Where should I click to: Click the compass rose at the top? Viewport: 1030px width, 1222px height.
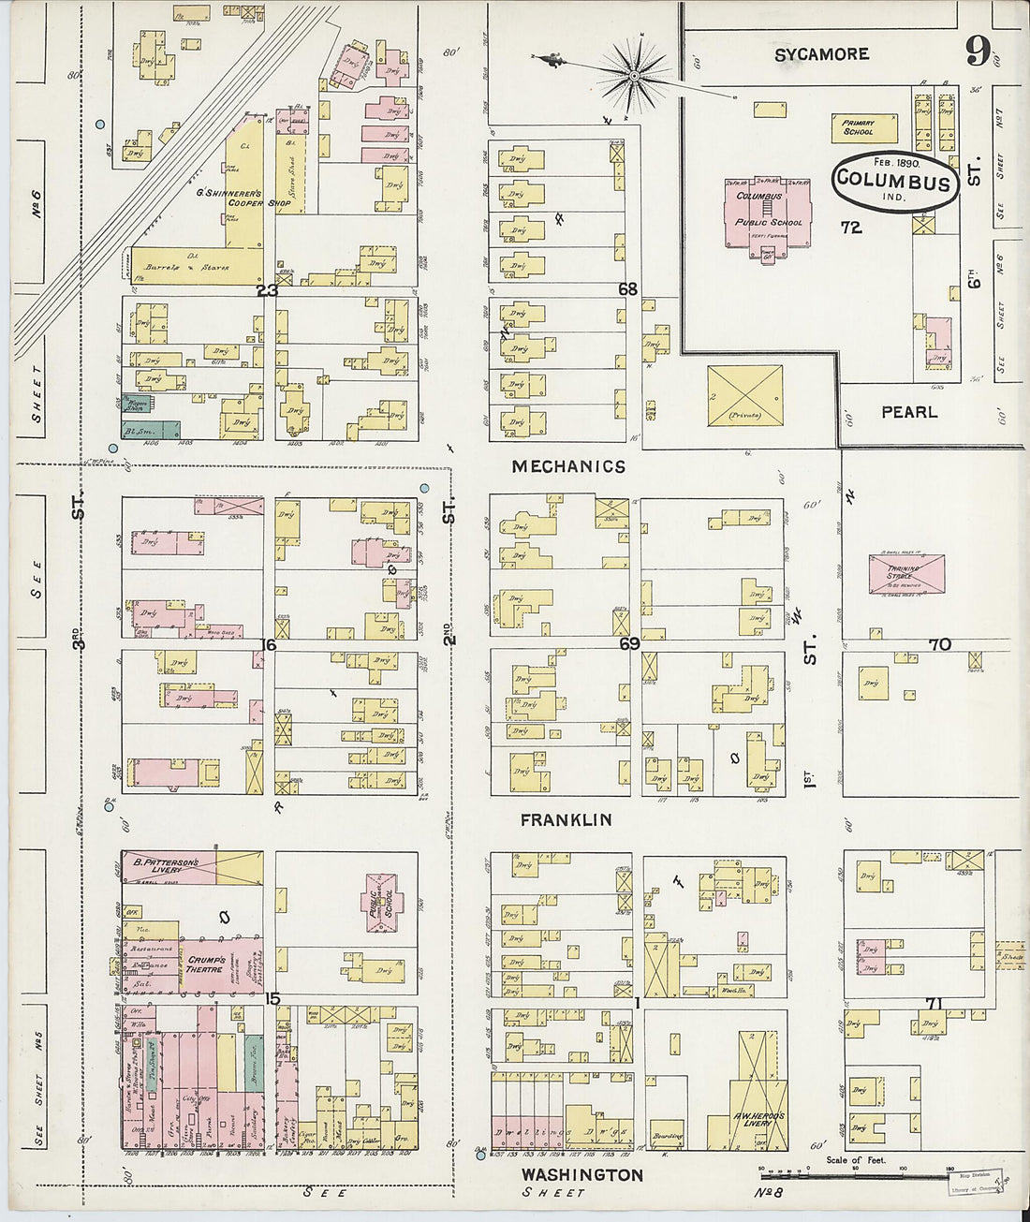coord(634,73)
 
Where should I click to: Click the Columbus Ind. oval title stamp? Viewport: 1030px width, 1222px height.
coord(893,181)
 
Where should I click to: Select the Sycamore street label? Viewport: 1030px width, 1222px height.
coord(821,55)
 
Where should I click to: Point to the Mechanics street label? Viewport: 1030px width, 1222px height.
coord(568,466)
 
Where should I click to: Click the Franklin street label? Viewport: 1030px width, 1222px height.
coord(566,820)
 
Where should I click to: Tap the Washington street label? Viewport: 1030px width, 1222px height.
coord(581,1174)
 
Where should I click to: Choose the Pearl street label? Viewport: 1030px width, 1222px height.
coord(908,412)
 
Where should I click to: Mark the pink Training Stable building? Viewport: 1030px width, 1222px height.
coord(905,573)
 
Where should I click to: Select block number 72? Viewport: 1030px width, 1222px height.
coord(850,228)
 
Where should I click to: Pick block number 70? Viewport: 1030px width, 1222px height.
coord(939,644)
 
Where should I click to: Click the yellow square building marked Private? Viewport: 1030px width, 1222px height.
coord(744,395)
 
